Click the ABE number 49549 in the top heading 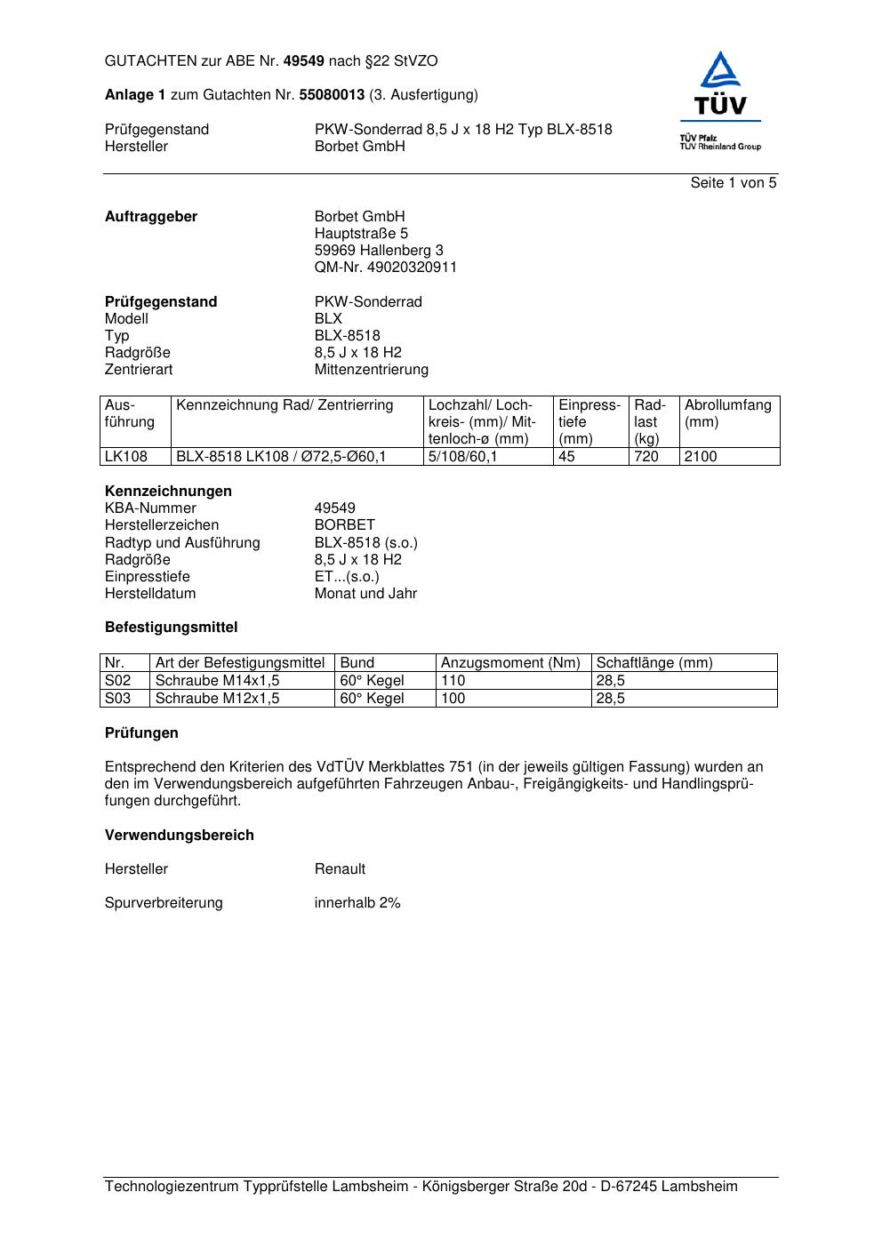[304, 61]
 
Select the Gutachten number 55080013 [332, 94]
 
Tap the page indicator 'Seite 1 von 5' [733, 183]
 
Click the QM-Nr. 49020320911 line [385, 268]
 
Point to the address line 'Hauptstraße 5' [361, 234]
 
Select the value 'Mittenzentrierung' [371, 370]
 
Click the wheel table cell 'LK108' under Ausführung [125, 457]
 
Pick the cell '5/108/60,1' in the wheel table [462, 457]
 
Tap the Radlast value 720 [646, 457]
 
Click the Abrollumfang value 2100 [701, 457]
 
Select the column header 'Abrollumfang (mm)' [727, 413]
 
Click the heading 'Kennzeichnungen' [168, 492]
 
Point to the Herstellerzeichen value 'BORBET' [344, 525]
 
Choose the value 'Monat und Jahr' [365, 594]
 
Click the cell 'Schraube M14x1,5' [217, 681]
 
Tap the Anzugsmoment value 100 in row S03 [453, 699]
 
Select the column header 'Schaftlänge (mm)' [654, 663]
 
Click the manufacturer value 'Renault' [340, 869]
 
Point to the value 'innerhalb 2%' [357, 903]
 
